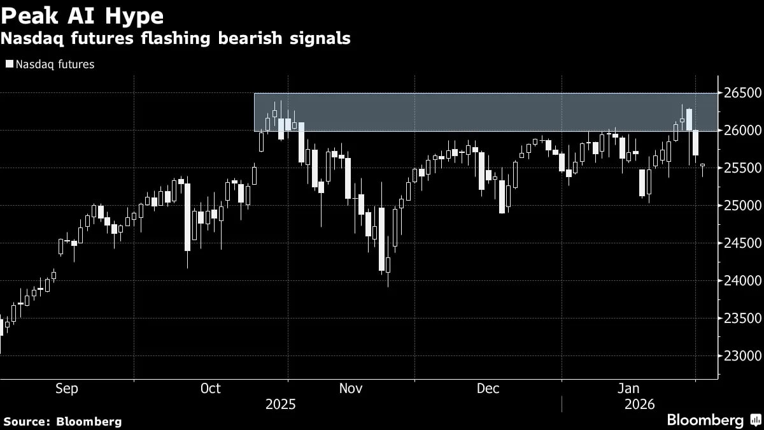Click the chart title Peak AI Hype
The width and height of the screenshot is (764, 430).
pos(82,15)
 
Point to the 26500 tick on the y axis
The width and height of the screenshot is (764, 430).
pos(740,93)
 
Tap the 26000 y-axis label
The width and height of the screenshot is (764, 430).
pos(740,131)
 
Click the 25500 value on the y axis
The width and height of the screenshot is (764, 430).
pos(740,168)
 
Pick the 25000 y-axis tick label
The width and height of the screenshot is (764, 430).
pos(740,206)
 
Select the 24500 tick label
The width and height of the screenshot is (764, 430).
pos(740,243)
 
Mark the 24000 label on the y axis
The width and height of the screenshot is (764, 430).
pos(740,281)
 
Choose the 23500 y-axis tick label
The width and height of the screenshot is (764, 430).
pos(740,319)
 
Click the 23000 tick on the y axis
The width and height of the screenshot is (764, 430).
pos(740,356)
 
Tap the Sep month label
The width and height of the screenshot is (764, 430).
pos(67,389)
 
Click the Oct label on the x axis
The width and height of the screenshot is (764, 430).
pos(210,389)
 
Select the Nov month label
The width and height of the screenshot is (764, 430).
pos(351,389)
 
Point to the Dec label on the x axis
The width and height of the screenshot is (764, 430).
pos(488,389)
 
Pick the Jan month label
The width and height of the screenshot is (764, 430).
pos(629,389)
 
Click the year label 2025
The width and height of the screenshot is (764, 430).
pos(281,405)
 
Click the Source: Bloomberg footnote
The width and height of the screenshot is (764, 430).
pos(62,421)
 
